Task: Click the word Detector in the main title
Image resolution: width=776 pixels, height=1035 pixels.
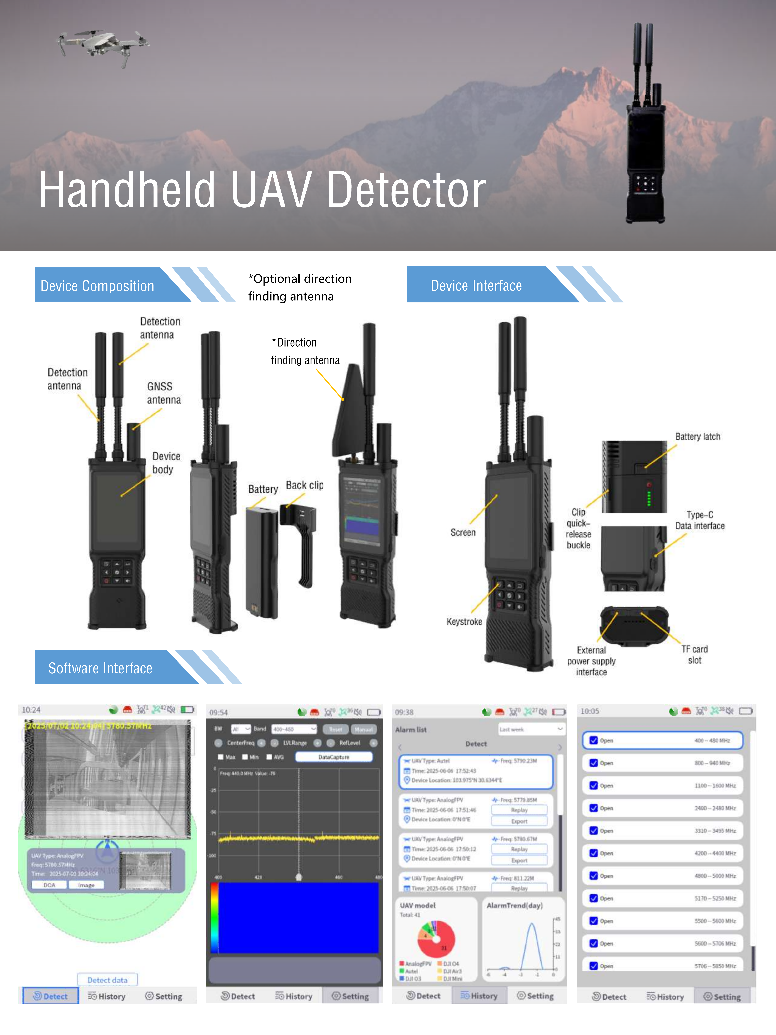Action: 406,190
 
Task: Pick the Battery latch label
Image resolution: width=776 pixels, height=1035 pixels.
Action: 697,437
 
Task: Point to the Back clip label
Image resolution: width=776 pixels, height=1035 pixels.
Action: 304,485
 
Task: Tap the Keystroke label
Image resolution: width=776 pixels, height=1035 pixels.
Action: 464,621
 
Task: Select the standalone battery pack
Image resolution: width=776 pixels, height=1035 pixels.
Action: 262,562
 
